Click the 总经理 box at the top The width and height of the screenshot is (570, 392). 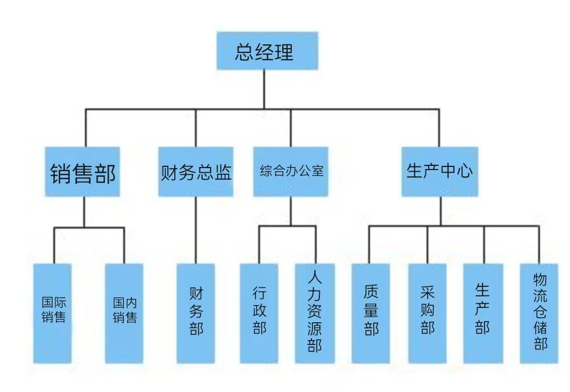point(267,52)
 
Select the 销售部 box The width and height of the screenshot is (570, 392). point(82,172)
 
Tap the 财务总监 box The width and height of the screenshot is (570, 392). point(196,172)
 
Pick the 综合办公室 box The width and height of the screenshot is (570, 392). point(291,172)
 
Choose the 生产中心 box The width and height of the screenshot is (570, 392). point(440,172)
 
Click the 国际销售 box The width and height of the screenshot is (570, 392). point(53,313)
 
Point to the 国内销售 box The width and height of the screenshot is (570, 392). point(125,313)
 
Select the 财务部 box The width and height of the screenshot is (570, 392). point(196,313)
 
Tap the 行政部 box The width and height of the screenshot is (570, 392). point(259,313)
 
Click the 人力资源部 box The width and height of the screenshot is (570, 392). point(315,313)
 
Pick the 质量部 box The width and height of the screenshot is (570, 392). point(371,313)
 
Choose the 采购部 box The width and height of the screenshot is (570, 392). point(427,313)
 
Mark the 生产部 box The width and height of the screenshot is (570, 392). point(483,313)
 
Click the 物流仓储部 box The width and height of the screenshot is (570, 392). point(539,313)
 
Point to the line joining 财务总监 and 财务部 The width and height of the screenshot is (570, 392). point(196,230)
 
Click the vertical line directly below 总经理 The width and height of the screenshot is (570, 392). point(264,90)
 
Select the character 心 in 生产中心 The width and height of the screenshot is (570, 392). point(464,171)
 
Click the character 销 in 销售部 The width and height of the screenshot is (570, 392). point(60,174)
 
